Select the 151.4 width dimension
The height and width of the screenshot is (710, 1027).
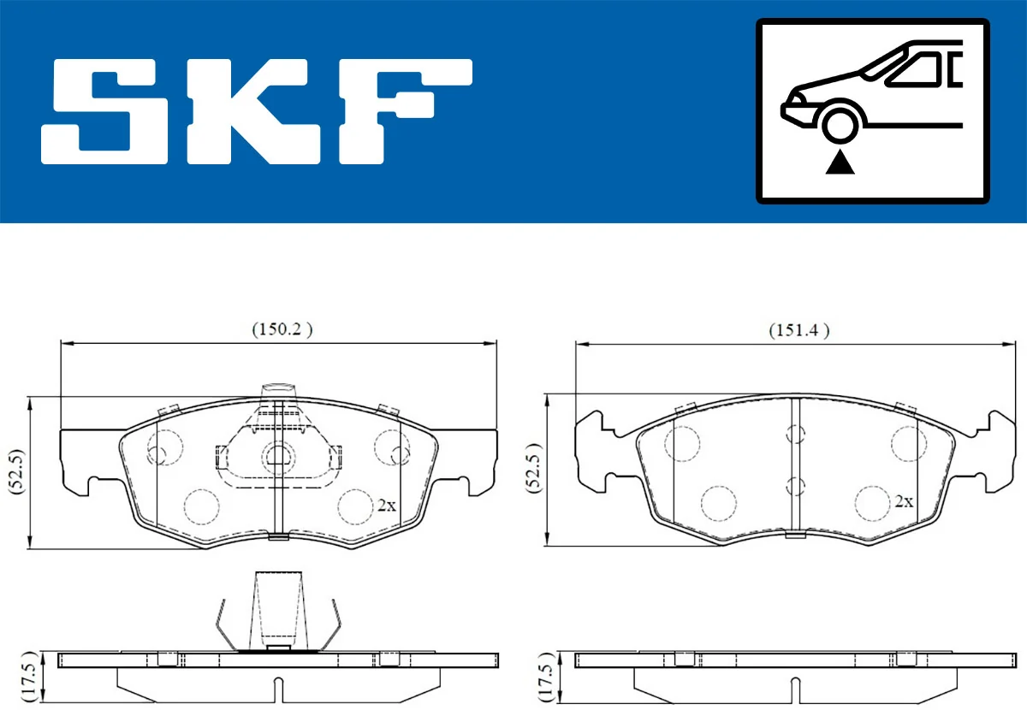click(798, 330)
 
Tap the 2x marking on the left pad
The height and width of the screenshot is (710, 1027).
click(387, 505)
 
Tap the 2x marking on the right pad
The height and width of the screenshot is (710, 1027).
click(904, 502)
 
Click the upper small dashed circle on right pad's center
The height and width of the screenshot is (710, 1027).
click(796, 435)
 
